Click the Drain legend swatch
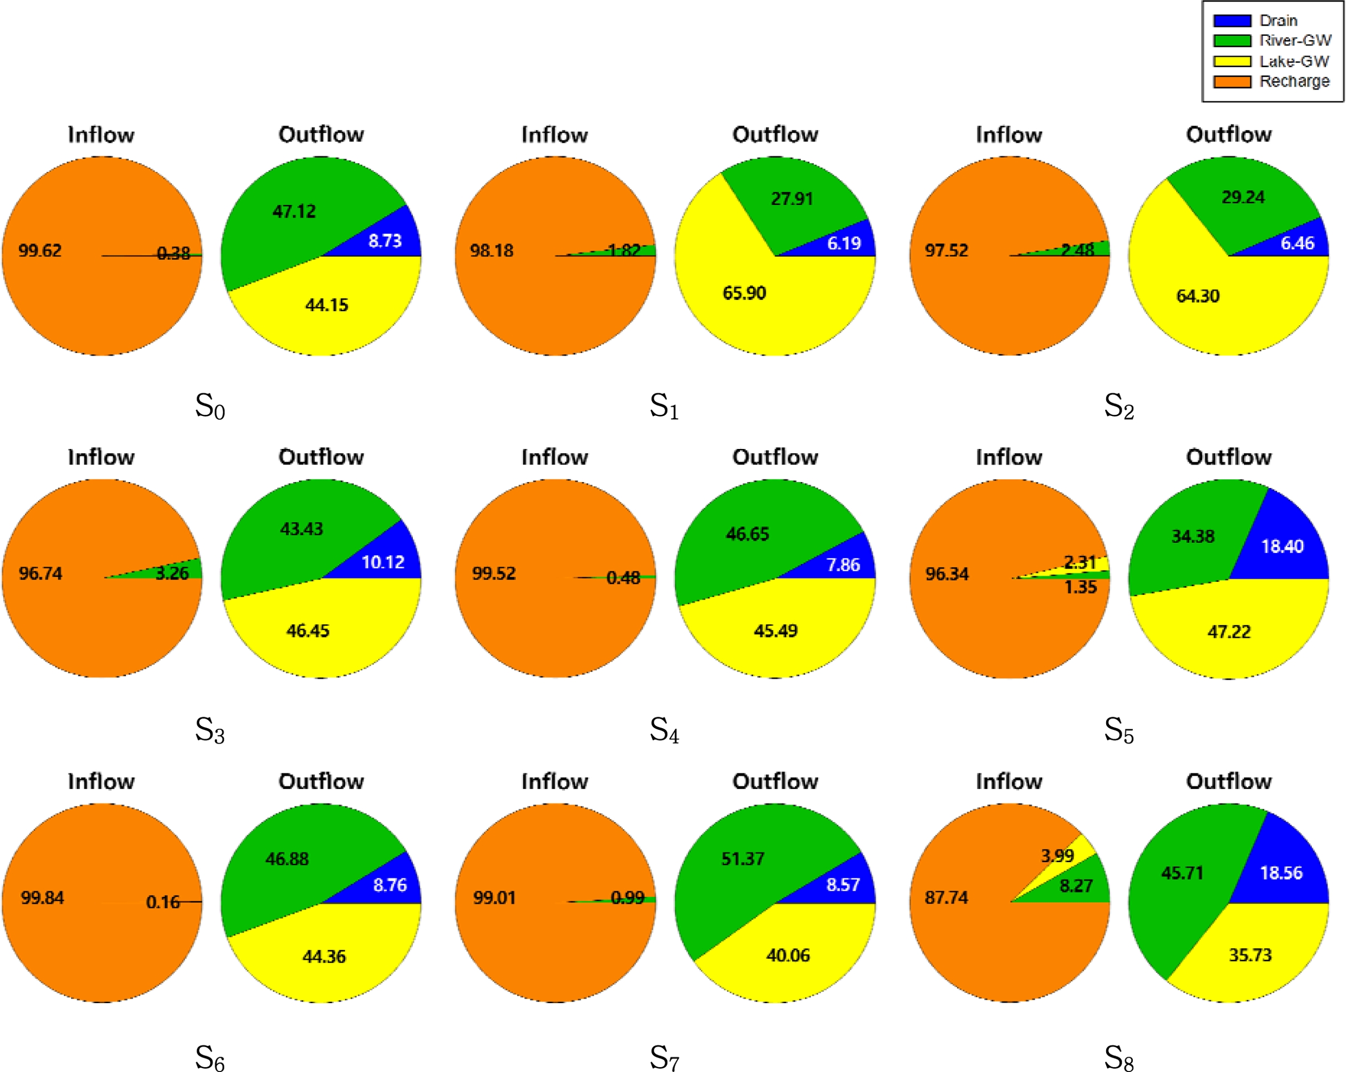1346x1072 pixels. [x=1232, y=21]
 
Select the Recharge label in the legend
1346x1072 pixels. [x=1294, y=81]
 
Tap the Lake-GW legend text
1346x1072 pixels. [x=1294, y=61]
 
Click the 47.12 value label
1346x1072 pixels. [x=294, y=211]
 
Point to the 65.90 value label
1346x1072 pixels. [x=744, y=293]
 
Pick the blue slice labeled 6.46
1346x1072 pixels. [x=1297, y=243]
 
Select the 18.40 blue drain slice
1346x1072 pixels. [x=1282, y=547]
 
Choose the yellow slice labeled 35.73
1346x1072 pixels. [x=1250, y=955]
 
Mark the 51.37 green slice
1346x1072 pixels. [x=743, y=858]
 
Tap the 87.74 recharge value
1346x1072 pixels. [x=946, y=897]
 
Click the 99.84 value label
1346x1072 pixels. [x=42, y=897]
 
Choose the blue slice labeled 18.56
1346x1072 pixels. [x=1281, y=872]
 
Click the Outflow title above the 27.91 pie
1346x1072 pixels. [x=775, y=134]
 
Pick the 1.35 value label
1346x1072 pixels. [x=1081, y=587]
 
